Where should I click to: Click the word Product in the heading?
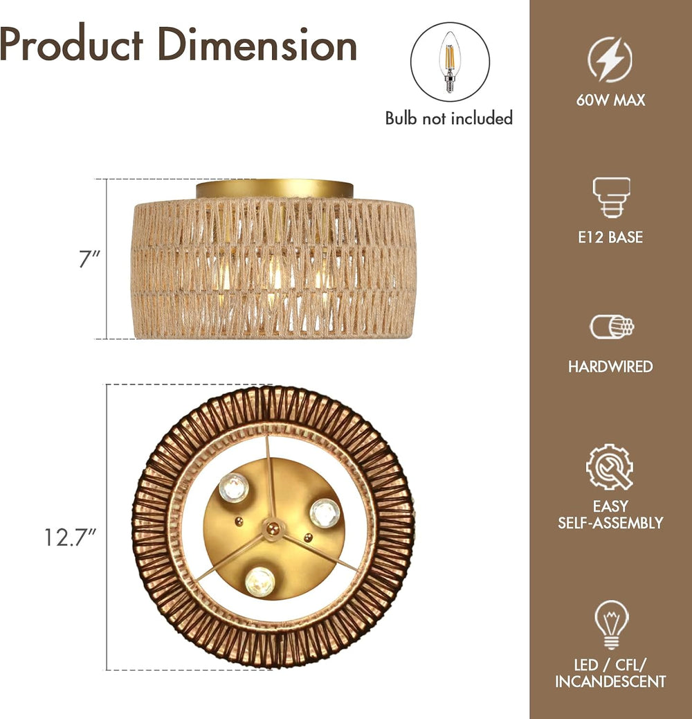71,44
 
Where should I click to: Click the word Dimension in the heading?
257,44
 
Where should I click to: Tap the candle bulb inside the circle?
450,62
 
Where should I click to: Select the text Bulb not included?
449,118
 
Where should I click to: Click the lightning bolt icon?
610,60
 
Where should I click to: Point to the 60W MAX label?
610,100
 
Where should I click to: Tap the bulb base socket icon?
612,197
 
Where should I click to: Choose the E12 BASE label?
610,237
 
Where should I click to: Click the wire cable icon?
612,327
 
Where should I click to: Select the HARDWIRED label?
610,366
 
